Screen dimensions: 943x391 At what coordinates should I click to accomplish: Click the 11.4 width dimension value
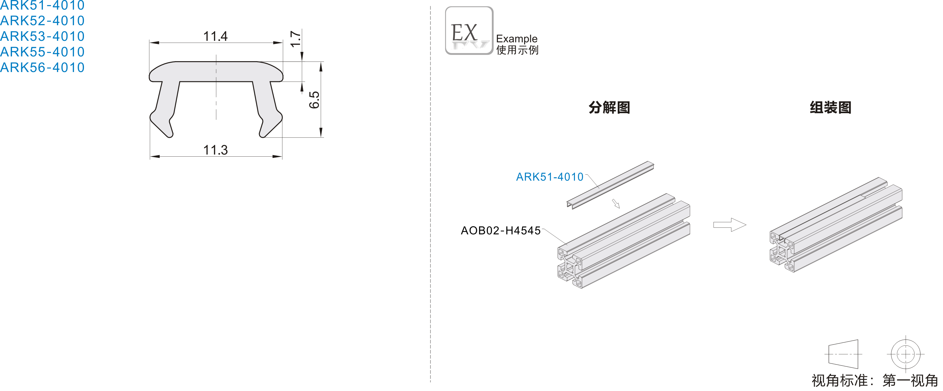point(215,36)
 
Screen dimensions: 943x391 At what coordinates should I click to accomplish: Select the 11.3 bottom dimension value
point(215,150)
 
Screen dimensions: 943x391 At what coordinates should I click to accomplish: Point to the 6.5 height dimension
point(314,100)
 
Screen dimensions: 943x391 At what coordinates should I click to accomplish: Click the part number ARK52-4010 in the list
point(42,20)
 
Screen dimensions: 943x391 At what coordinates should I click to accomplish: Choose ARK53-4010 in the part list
point(42,36)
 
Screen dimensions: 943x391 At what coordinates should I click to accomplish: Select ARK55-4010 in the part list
point(42,52)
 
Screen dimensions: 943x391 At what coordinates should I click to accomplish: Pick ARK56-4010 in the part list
point(42,68)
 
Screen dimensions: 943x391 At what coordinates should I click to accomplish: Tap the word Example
point(516,38)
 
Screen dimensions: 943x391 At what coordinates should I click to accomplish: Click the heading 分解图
point(609,107)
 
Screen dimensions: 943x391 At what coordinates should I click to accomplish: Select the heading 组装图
point(830,107)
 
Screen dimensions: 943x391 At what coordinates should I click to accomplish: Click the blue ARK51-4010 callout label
point(549,177)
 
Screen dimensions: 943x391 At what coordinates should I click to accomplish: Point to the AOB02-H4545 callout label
point(500,230)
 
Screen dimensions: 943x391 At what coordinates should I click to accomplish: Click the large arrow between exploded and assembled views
point(729,225)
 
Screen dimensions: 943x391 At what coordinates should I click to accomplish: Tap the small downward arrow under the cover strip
point(616,204)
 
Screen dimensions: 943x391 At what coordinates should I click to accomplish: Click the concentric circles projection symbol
point(905,354)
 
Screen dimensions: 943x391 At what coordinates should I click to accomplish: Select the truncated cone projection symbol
point(843,354)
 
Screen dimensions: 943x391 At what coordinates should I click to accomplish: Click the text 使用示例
point(517,50)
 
